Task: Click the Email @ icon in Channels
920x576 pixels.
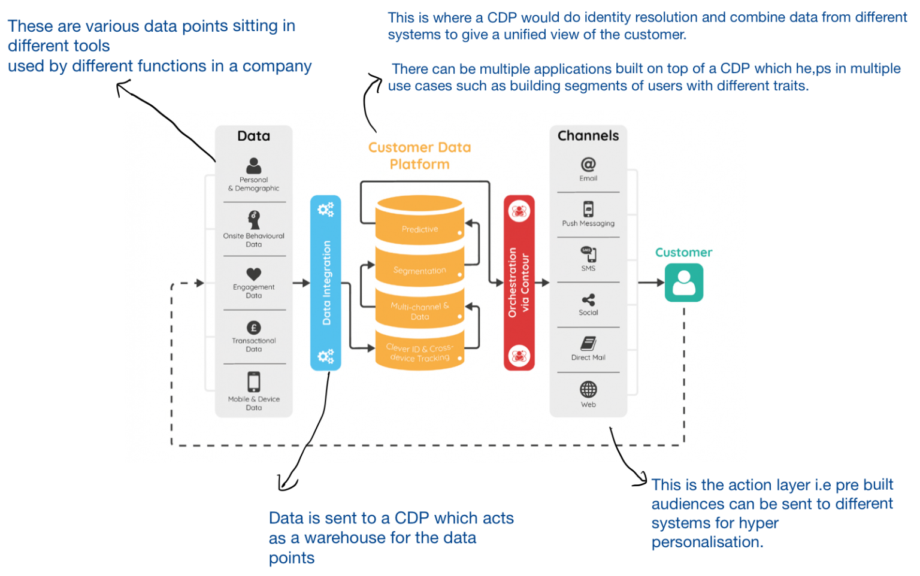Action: point(588,164)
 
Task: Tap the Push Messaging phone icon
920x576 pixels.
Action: point(588,209)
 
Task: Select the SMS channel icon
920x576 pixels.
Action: point(588,254)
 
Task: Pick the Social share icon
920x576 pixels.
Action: point(588,299)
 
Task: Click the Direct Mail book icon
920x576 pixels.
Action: point(588,344)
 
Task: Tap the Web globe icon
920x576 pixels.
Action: point(588,389)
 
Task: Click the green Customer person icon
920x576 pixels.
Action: point(683,283)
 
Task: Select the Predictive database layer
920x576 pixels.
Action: point(419,229)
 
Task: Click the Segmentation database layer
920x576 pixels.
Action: point(419,271)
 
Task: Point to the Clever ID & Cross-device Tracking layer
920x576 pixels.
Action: point(419,353)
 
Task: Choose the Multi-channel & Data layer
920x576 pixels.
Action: point(419,311)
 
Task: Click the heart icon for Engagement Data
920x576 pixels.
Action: point(254,274)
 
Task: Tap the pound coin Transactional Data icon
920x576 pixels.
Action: point(254,328)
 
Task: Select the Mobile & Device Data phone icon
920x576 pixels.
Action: point(254,382)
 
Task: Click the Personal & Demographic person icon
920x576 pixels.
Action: point(254,165)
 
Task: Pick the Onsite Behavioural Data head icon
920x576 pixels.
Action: point(254,219)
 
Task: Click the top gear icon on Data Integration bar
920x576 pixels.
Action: point(325,210)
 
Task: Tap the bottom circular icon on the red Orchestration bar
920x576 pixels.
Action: point(519,356)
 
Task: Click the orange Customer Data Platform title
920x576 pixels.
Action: point(419,156)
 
